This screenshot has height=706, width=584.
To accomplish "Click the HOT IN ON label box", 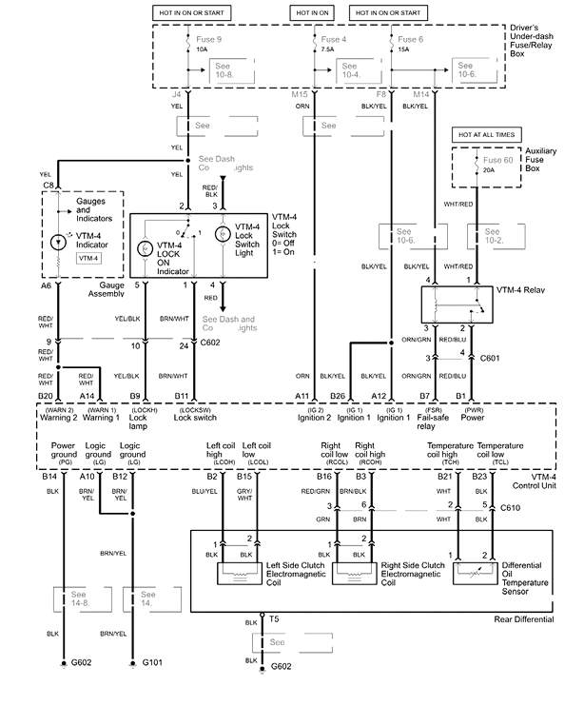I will (315, 13).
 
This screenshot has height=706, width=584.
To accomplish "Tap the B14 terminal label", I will (50, 475).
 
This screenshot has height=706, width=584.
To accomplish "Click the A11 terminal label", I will (302, 395).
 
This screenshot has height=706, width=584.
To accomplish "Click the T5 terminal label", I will (274, 619).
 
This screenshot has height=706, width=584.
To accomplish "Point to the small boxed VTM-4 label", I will (88, 258).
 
